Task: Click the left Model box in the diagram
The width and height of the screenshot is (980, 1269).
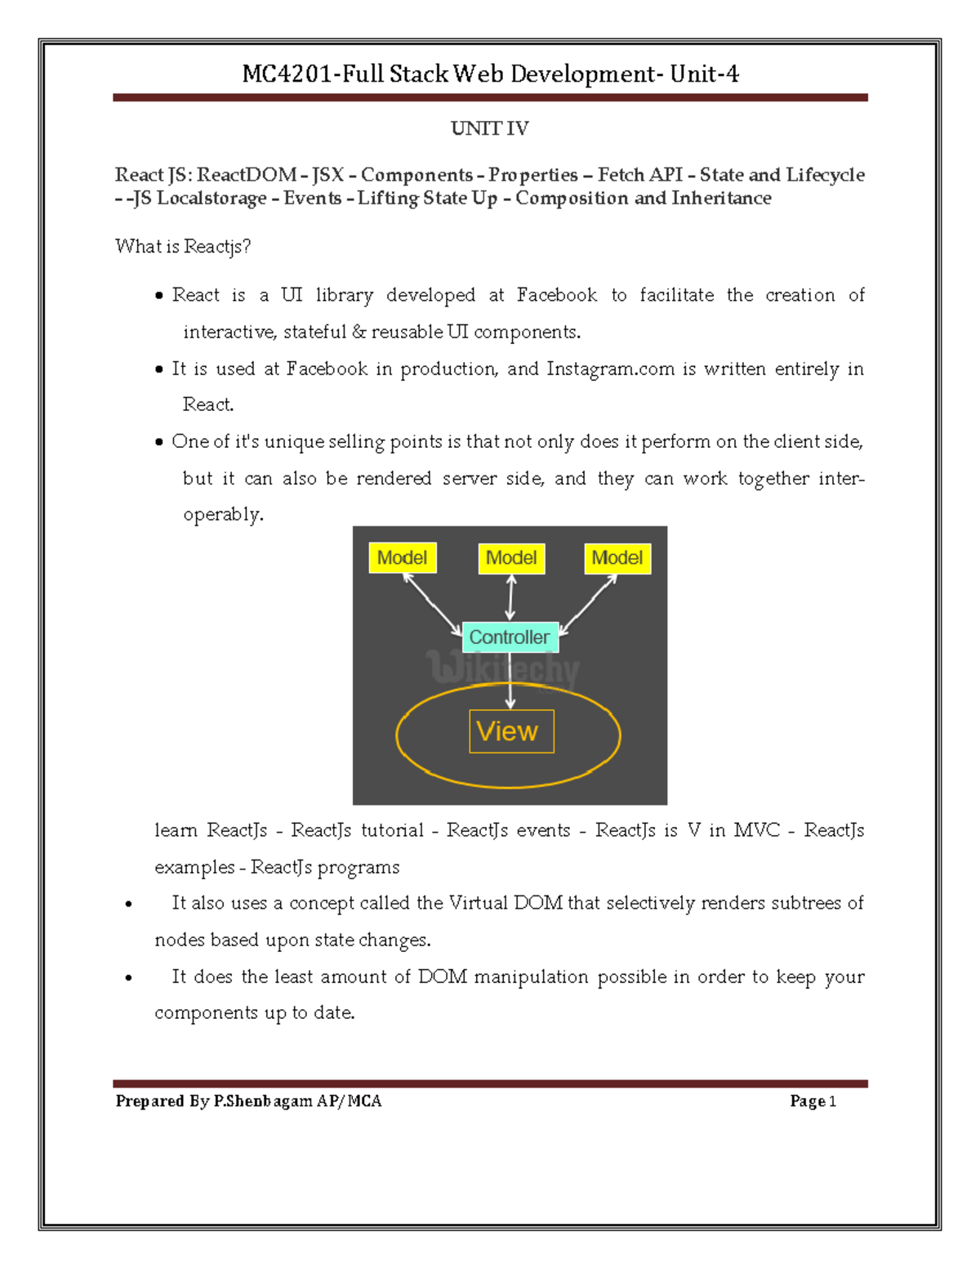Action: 402,558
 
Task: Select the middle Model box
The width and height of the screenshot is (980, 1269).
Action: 511,558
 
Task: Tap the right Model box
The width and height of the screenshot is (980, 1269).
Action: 617,558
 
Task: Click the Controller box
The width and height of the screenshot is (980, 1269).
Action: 510,637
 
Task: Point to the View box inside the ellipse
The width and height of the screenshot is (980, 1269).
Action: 511,731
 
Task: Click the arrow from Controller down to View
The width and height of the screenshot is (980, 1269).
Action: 510,682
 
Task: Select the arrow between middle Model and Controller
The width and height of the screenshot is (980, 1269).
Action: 511,597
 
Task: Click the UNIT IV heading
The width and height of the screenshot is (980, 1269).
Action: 489,128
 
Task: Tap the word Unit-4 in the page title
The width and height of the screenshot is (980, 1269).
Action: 704,74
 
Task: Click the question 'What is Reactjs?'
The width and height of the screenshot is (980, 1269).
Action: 183,247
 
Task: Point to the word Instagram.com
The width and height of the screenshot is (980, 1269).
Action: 610,369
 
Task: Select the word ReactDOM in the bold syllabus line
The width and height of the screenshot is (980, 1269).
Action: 247,175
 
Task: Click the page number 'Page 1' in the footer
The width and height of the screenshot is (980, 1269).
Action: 813,1101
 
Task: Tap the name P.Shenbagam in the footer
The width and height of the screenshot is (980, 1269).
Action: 262,1101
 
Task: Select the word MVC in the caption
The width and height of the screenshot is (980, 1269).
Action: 756,830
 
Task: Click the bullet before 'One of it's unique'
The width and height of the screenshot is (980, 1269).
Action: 159,443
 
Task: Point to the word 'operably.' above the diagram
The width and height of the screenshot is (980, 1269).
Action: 223,515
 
